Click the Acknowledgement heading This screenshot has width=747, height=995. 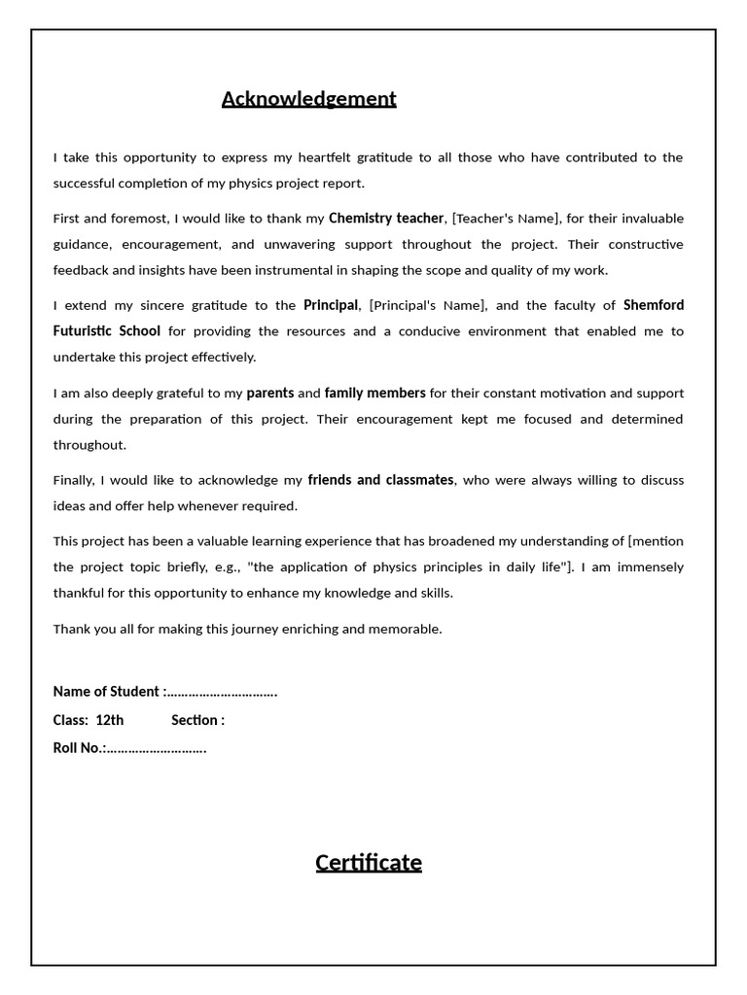coord(308,99)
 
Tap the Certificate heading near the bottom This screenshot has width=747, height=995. coord(368,862)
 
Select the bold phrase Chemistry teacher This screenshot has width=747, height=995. coord(385,218)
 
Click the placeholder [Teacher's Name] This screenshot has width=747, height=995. coord(506,219)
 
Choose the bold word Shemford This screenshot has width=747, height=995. coord(653,305)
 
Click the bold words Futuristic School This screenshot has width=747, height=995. coord(107,331)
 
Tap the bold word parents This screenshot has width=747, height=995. coord(269,393)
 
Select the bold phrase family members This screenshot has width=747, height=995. coord(374,393)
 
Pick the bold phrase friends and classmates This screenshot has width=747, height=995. coord(380,480)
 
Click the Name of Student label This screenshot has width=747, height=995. coord(107,692)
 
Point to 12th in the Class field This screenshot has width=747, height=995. coord(110,720)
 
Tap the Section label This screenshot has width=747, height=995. coord(197,720)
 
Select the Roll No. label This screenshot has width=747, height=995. coord(79,748)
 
